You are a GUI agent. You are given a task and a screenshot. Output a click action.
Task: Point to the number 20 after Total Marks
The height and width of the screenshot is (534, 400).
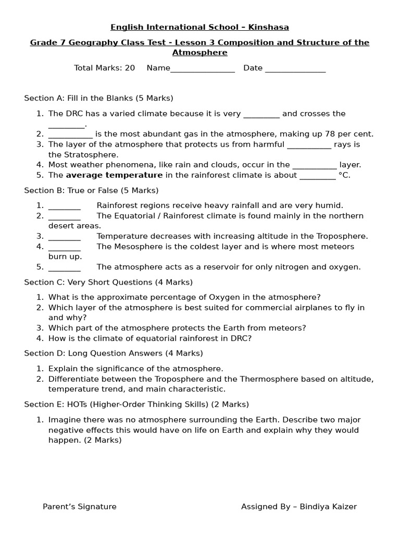coord(130,68)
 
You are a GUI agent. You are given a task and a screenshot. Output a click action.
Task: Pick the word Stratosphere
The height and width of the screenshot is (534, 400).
coord(90,154)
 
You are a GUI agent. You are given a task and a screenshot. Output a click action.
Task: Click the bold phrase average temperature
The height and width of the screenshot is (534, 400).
coord(114,175)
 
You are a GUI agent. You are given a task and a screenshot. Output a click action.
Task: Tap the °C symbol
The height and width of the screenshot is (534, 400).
coord(344,175)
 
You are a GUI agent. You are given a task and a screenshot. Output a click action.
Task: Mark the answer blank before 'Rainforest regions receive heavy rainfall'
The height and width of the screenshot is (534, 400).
coord(64,206)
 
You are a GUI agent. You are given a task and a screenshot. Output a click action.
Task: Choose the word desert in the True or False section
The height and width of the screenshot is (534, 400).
coord(60,226)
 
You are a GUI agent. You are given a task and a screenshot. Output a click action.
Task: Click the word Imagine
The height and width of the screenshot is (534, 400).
coord(64,420)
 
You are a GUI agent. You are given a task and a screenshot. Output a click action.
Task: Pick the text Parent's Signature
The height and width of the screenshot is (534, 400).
coord(80,506)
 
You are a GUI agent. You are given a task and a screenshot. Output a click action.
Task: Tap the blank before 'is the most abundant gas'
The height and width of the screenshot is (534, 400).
coord(70,135)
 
